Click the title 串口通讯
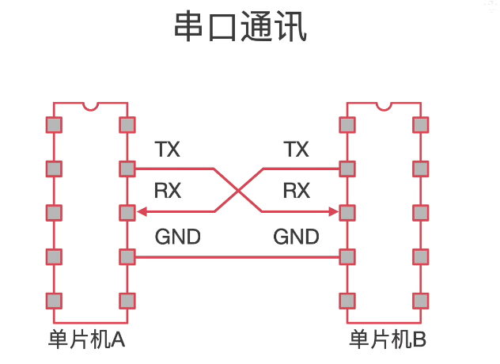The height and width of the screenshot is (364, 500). click(x=241, y=26)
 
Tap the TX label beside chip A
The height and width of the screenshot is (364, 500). click(x=168, y=150)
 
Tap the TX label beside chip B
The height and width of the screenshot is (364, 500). click(x=296, y=150)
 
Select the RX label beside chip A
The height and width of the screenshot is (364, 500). click(x=168, y=191)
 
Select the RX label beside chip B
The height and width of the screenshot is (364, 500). click(x=297, y=191)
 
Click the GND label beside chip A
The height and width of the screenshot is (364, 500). click(x=178, y=237)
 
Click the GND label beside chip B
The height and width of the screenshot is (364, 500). click(x=296, y=237)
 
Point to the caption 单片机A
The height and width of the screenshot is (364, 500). click(x=86, y=339)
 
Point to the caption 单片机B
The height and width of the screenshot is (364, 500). click(x=388, y=339)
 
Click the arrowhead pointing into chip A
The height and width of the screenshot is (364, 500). click(x=142, y=211)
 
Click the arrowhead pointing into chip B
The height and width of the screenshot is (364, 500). click(x=333, y=211)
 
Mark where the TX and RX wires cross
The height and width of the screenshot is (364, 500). click(x=238, y=191)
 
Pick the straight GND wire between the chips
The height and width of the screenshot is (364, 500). click(x=237, y=257)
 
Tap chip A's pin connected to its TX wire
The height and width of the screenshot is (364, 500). click(x=127, y=169)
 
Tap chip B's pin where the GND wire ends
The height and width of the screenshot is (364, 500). click(x=347, y=257)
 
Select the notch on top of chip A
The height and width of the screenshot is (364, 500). click(x=90, y=107)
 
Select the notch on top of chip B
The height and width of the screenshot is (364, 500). click(x=384, y=107)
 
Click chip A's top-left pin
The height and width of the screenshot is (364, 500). click(x=54, y=125)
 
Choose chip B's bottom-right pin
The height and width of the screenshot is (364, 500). click(x=421, y=301)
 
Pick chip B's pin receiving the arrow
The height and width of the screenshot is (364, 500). click(x=347, y=213)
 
